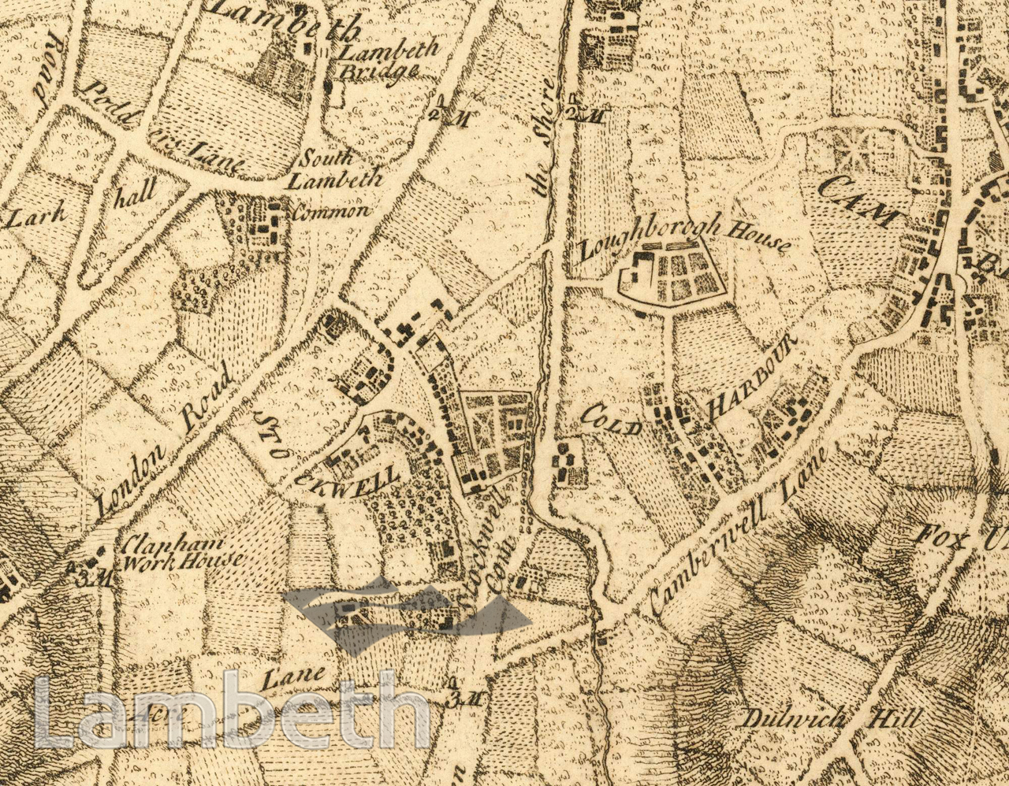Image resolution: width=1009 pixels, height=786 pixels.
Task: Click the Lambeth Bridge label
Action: click(x=378, y=61)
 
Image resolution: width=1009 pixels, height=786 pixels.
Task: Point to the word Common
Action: click(x=330, y=212)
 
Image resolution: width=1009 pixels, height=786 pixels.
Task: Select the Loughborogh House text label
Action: click(x=683, y=235)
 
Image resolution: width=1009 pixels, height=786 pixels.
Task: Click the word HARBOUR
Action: click(x=752, y=373)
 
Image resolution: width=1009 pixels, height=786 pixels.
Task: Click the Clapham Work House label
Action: click(x=181, y=551)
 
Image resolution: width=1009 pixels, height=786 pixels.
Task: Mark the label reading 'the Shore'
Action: click(x=545, y=142)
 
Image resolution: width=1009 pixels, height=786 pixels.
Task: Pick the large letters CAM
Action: click(x=859, y=199)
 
